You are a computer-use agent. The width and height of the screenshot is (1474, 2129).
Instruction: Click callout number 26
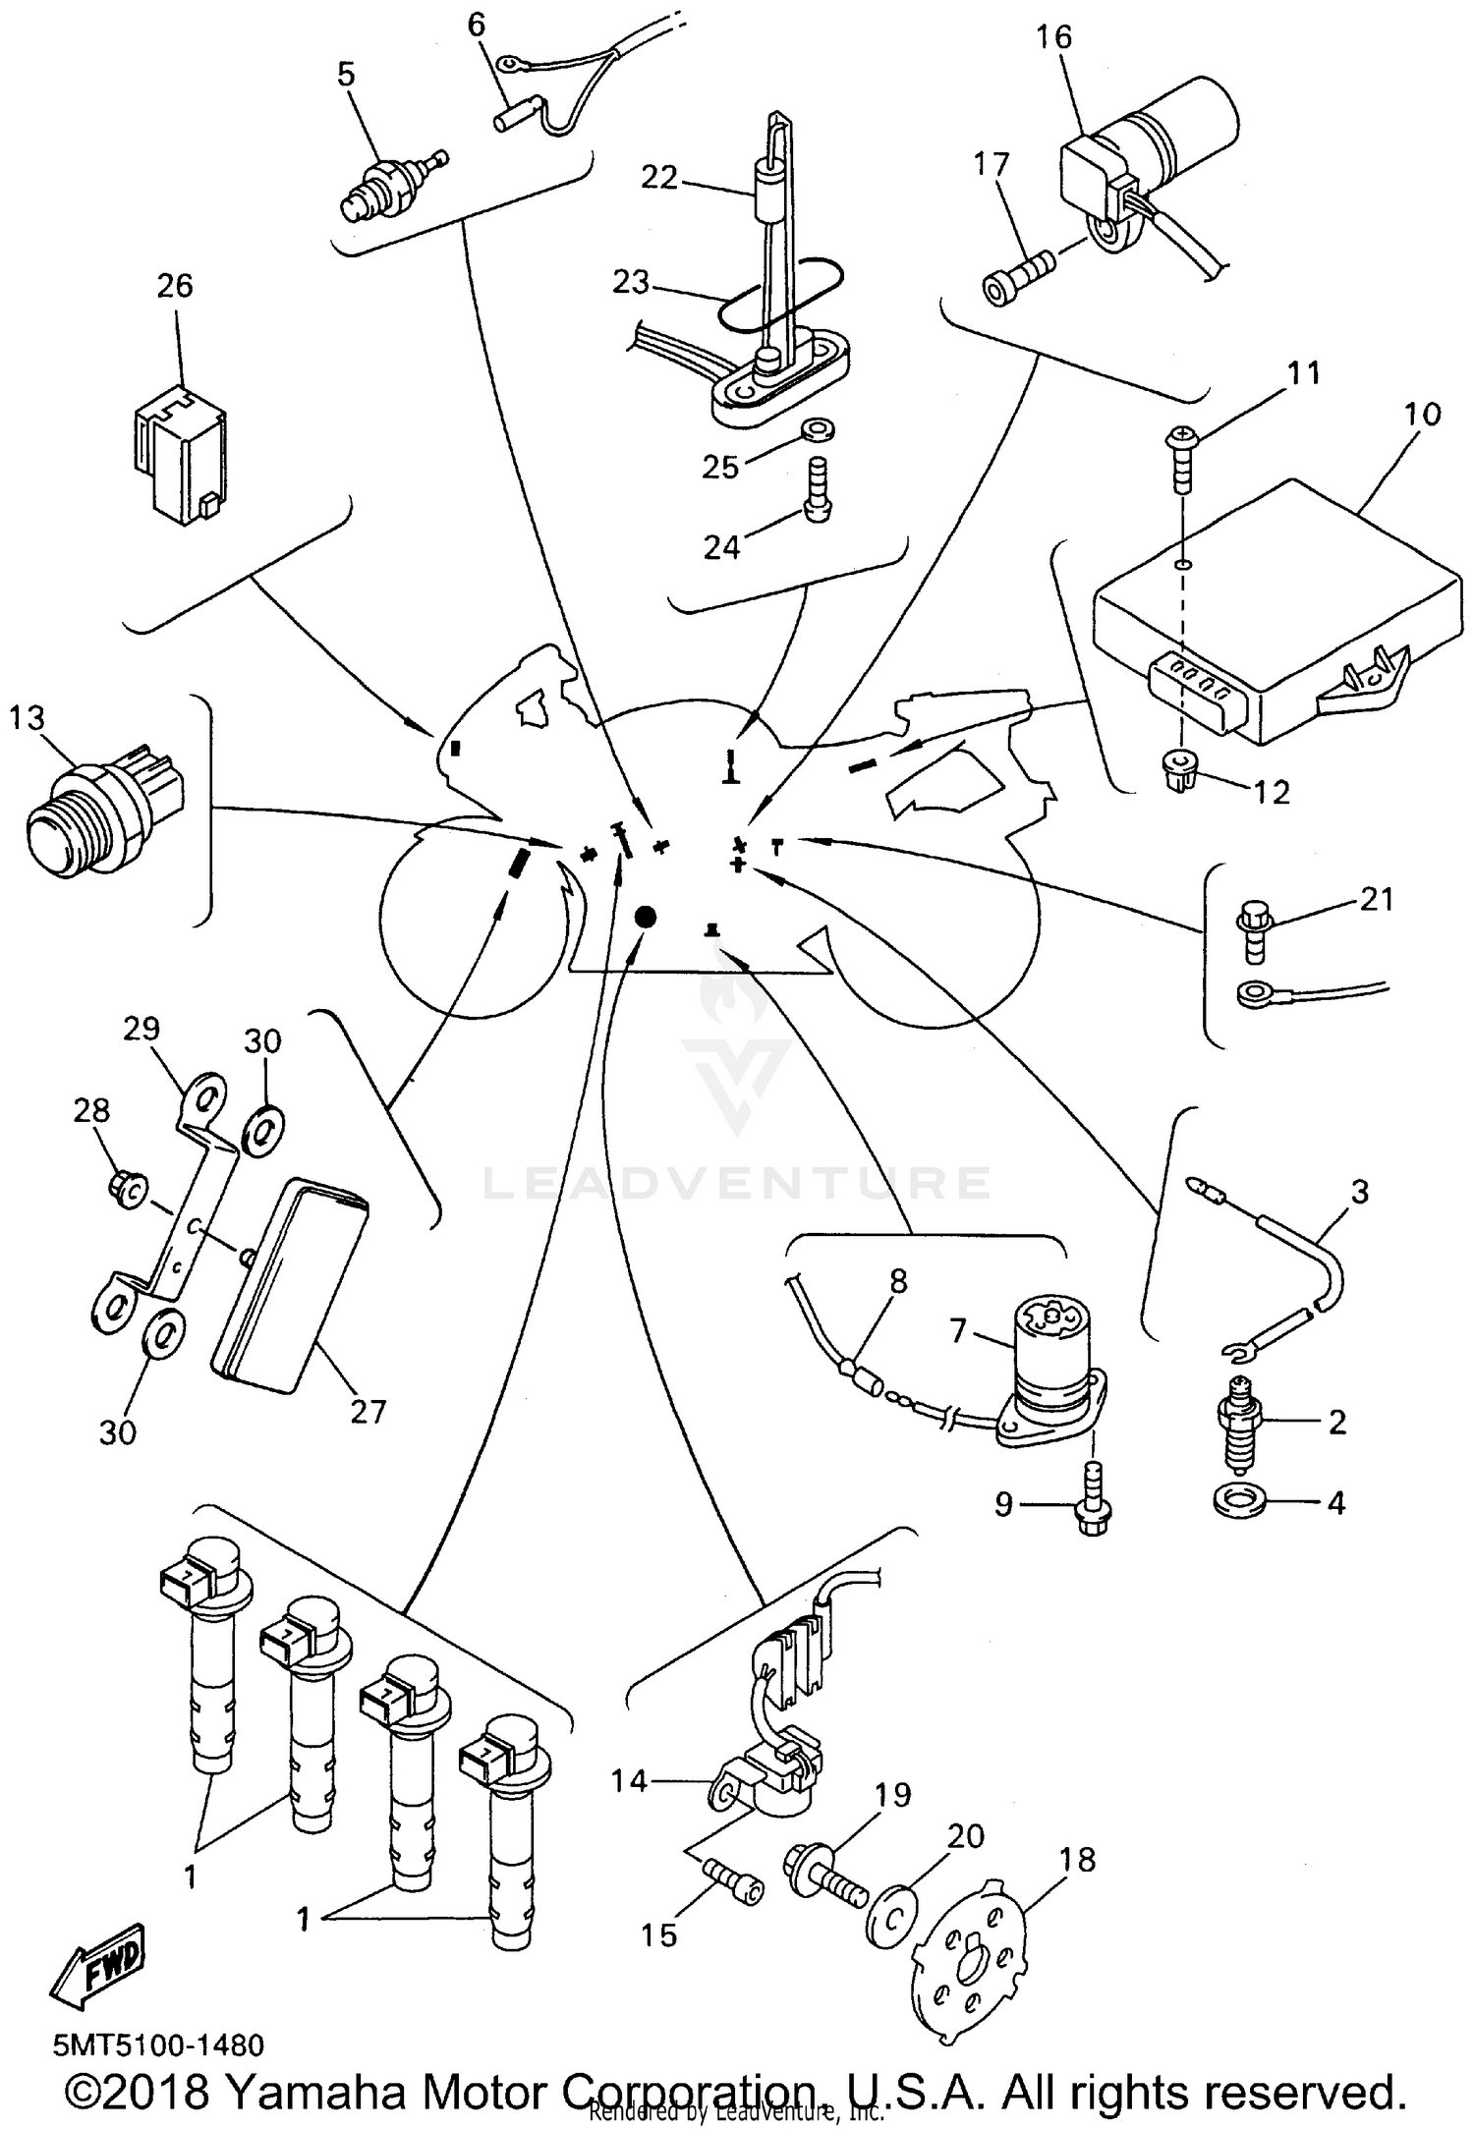175,286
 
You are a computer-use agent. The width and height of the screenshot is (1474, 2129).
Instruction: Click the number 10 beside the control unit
1422,414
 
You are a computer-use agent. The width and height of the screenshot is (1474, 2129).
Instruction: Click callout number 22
659,178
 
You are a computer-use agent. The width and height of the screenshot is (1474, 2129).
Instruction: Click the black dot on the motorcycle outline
645,918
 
